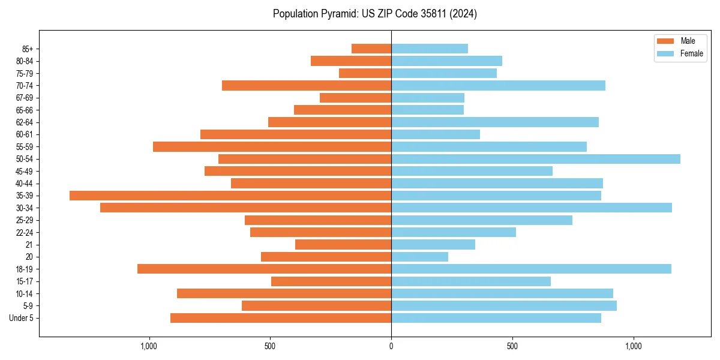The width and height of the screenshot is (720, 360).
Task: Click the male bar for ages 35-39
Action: click(230, 196)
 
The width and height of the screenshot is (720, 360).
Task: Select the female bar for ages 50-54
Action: click(536, 159)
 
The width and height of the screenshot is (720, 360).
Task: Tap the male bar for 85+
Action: click(371, 49)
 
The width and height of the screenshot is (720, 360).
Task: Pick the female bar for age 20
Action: click(419, 257)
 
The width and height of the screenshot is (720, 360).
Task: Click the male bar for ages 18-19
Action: click(264, 269)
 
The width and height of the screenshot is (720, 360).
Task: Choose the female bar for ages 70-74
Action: click(498, 86)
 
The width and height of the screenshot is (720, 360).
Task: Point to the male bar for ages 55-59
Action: click(272, 147)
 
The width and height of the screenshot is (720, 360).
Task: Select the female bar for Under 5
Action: click(496, 318)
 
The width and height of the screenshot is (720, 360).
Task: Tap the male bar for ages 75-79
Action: click(365, 73)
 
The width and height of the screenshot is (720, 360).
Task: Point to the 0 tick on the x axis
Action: click(391, 346)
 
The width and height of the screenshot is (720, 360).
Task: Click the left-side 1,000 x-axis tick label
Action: click(148, 346)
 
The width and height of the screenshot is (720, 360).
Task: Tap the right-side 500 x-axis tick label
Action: click(512, 346)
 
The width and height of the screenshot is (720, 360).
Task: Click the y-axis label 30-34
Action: click(25, 208)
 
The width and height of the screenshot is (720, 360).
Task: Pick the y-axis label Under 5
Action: click(21, 318)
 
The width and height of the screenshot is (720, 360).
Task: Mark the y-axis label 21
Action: click(29, 245)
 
